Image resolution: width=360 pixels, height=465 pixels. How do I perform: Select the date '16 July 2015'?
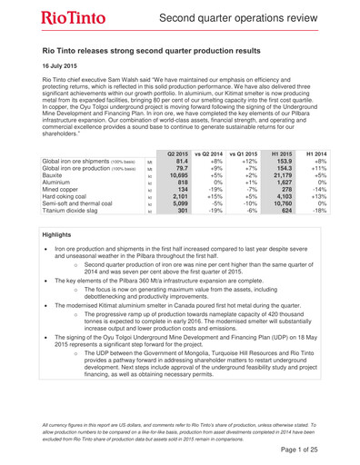pos(66,67)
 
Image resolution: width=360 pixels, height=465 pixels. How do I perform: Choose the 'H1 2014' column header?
pos(338,151)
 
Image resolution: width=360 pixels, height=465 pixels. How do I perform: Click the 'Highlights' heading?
pos(61,234)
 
